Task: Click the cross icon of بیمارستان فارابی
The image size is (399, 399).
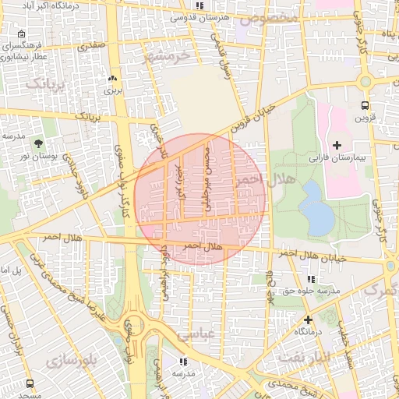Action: (x=337, y=145)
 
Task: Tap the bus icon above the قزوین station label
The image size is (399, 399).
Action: (x=365, y=106)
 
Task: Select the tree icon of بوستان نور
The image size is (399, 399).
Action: (x=39, y=143)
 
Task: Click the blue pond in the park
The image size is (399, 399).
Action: (x=316, y=207)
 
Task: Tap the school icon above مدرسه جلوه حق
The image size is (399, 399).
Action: (x=312, y=279)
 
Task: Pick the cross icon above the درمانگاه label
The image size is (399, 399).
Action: (x=309, y=320)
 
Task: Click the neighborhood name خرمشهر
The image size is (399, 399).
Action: (x=167, y=55)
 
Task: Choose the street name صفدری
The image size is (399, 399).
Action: (x=89, y=46)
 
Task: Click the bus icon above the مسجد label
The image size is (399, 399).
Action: (x=30, y=384)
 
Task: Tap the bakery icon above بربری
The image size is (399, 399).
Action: (x=114, y=79)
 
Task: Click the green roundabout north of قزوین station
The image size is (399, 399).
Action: (x=365, y=81)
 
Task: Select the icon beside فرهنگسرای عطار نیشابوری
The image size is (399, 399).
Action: (x=20, y=34)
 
